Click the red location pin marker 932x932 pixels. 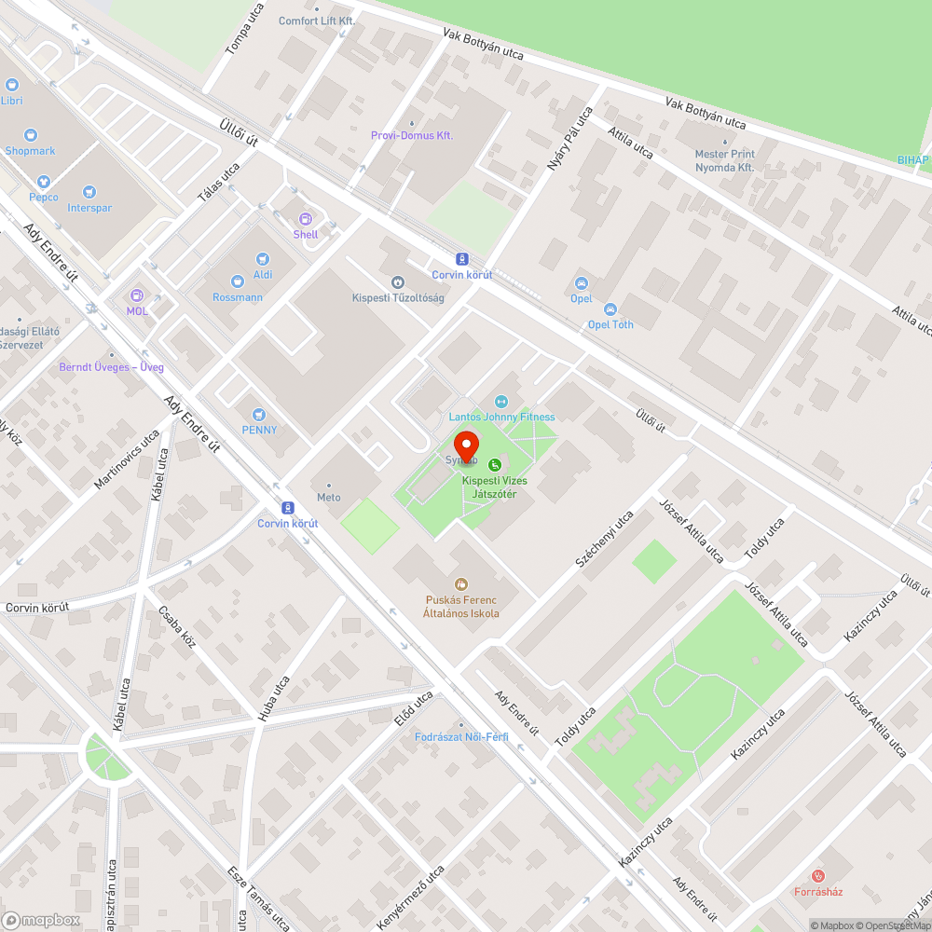[x=466, y=445]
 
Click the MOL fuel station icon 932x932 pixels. [x=138, y=295]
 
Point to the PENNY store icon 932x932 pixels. [x=259, y=414]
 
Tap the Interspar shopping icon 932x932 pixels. [x=89, y=192]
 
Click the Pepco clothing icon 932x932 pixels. [x=43, y=182]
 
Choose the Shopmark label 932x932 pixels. [x=30, y=150]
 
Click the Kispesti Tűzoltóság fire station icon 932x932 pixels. [x=398, y=281]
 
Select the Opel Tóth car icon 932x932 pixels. [x=610, y=309]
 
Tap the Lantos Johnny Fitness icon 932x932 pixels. [x=501, y=402]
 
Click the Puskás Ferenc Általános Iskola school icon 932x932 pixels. [x=460, y=584]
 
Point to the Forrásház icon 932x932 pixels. [x=818, y=876]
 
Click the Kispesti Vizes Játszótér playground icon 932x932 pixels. [x=495, y=465]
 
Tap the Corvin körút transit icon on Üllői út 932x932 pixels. [x=460, y=259]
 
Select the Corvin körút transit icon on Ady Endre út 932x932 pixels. [x=288, y=508]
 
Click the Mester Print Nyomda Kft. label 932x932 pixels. [x=724, y=160]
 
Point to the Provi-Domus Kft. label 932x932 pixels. [x=411, y=135]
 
